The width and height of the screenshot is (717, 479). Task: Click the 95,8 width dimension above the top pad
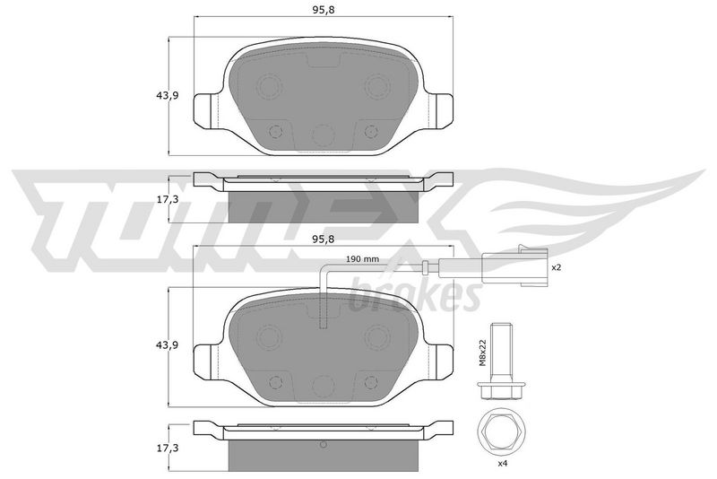point(324,10)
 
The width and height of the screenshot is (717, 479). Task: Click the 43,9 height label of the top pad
point(167,96)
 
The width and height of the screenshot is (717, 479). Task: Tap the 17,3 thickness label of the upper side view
point(167,199)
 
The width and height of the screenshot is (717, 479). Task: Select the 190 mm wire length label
point(362,259)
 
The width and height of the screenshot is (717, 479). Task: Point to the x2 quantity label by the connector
point(556,267)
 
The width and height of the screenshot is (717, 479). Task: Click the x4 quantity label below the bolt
point(503,464)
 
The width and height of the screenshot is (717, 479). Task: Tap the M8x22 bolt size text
point(482,353)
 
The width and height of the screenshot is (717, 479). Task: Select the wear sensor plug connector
point(514,266)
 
